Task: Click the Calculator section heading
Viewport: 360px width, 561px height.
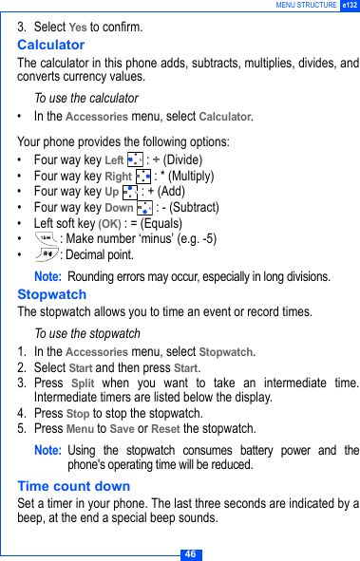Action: [x=51, y=45]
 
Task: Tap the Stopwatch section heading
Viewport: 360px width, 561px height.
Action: [x=52, y=294]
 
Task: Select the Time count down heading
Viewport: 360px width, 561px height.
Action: [x=74, y=486]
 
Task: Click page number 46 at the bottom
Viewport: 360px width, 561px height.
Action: [x=190, y=553]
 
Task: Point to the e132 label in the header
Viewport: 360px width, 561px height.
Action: [x=349, y=6]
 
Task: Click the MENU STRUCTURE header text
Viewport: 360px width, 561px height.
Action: [x=306, y=6]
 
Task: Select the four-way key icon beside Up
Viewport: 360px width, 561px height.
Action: [x=130, y=192]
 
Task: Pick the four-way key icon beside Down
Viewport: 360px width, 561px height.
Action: [x=144, y=207]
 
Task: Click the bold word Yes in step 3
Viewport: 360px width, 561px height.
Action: [x=78, y=27]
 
